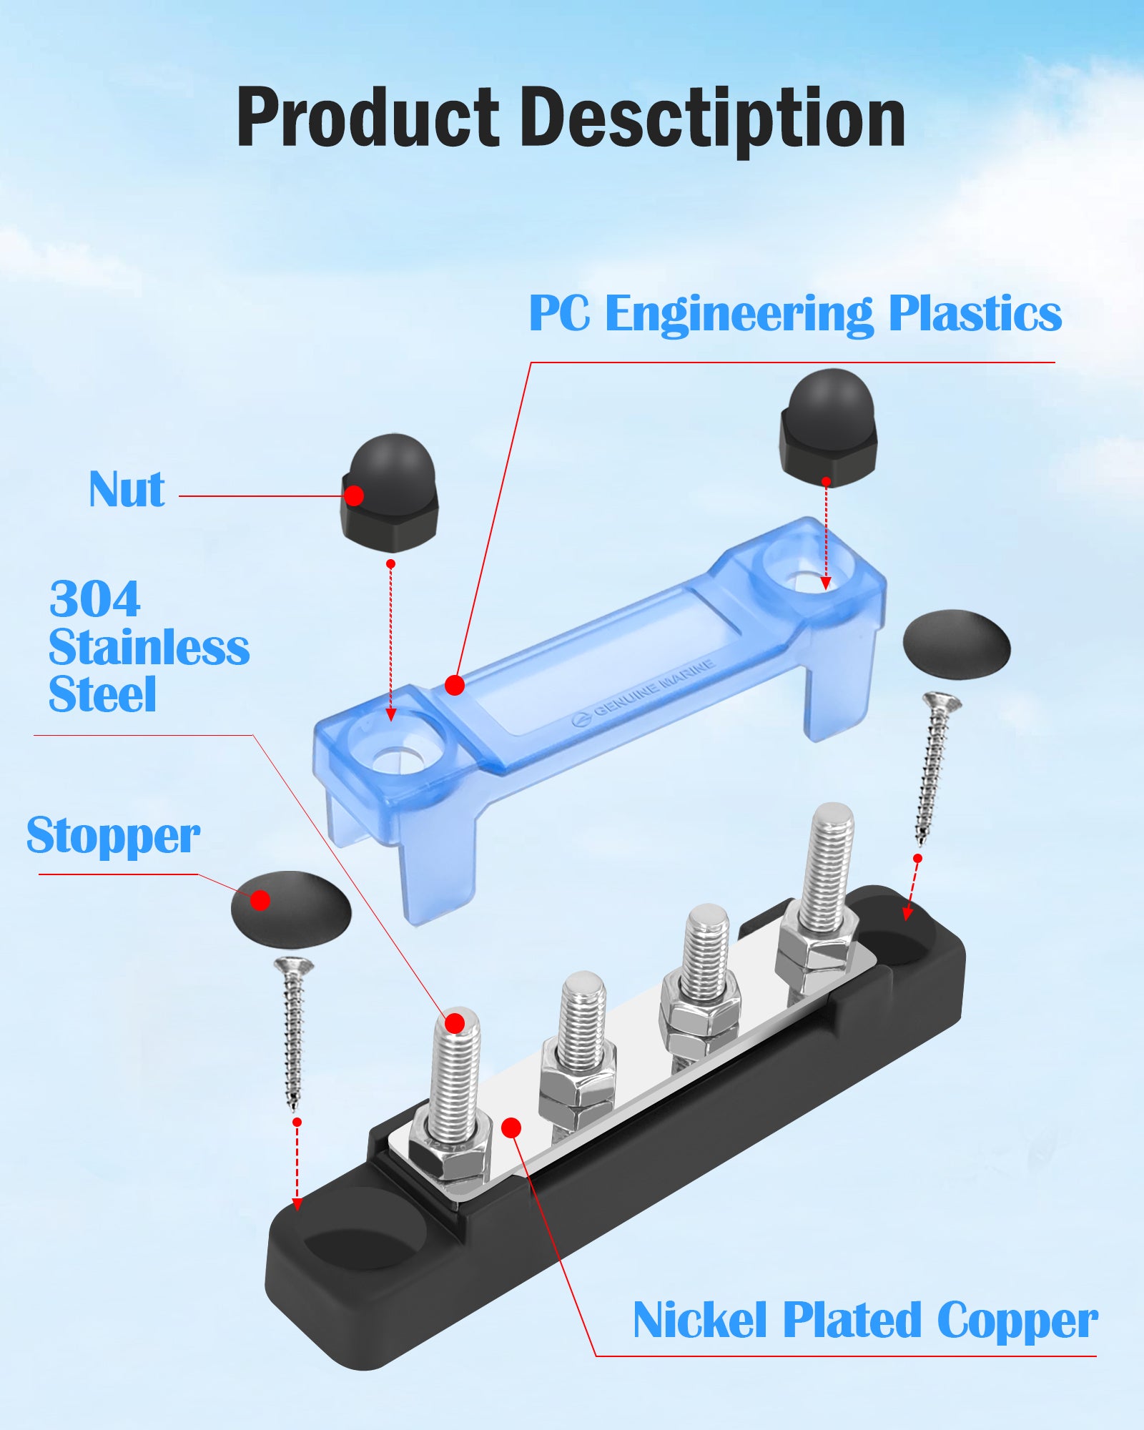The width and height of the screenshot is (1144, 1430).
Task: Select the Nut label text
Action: pos(127,490)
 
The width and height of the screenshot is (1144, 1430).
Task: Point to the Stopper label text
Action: pos(113,835)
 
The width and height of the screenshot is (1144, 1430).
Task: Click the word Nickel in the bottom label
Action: pos(699,1320)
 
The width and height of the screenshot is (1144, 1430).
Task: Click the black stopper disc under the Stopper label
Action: pos(291,909)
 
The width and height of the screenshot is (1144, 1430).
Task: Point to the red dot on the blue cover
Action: pos(455,685)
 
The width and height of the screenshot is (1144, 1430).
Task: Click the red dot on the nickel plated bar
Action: pos(511,1128)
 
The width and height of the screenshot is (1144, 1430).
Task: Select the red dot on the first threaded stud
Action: pos(455,1023)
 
